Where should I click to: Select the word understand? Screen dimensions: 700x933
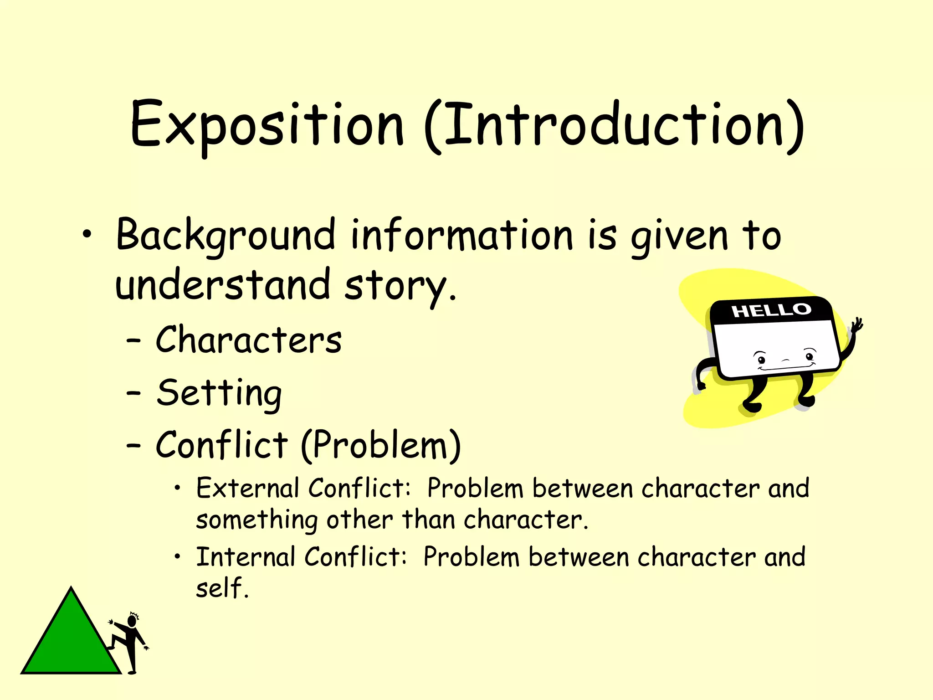pos(222,285)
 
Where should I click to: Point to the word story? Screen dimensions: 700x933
pos(400,286)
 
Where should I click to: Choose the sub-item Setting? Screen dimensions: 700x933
pos(219,393)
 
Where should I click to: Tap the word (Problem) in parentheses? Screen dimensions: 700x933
pos(381,445)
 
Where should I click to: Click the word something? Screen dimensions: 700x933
pos(256,520)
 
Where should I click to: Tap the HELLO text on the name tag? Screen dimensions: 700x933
pos(771,311)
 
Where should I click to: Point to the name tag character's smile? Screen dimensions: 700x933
pos(787,367)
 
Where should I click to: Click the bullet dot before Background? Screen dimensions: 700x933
pos(87,235)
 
